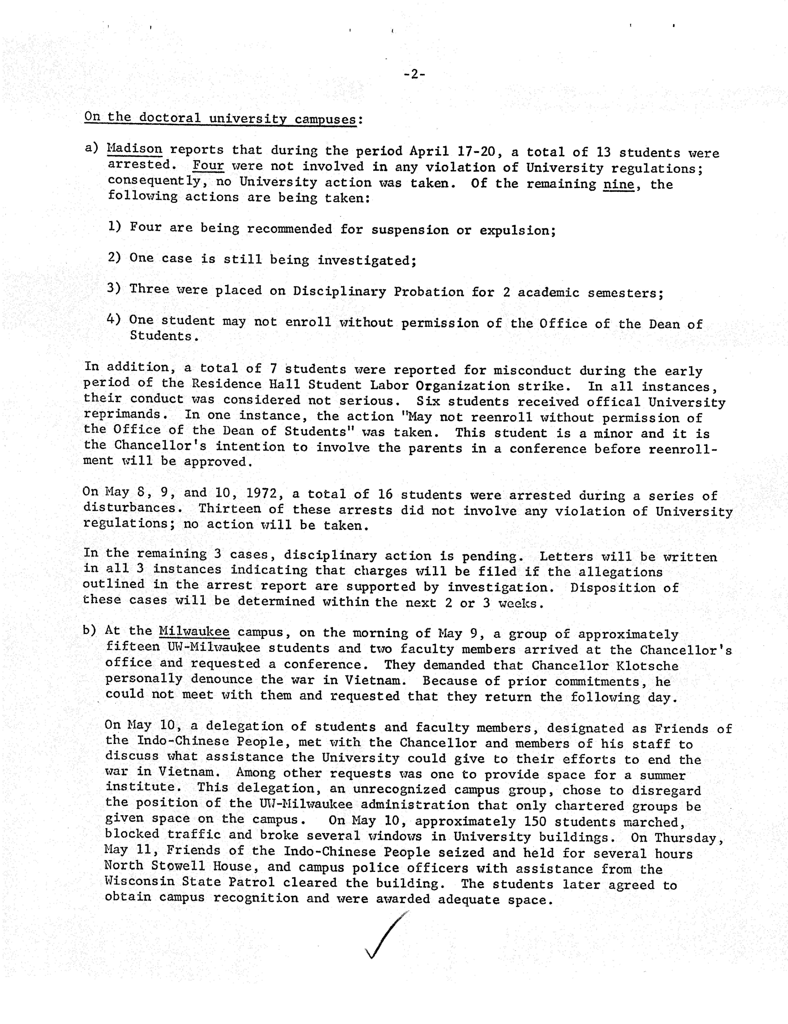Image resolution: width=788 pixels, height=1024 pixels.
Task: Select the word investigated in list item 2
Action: pos(367,261)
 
